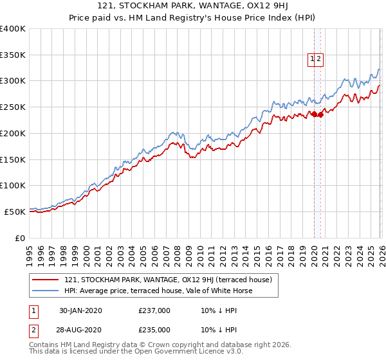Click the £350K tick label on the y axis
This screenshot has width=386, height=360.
[x=13, y=55]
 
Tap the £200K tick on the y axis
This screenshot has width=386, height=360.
[x=13, y=133]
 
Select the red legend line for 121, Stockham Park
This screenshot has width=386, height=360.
[x=46, y=280]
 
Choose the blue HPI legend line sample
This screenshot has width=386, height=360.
[x=46, y=291]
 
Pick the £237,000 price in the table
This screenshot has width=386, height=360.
[x=154, y=310]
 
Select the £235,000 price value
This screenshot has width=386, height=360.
[x=154, y=330]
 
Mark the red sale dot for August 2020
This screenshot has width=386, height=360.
[x=320, y=115]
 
